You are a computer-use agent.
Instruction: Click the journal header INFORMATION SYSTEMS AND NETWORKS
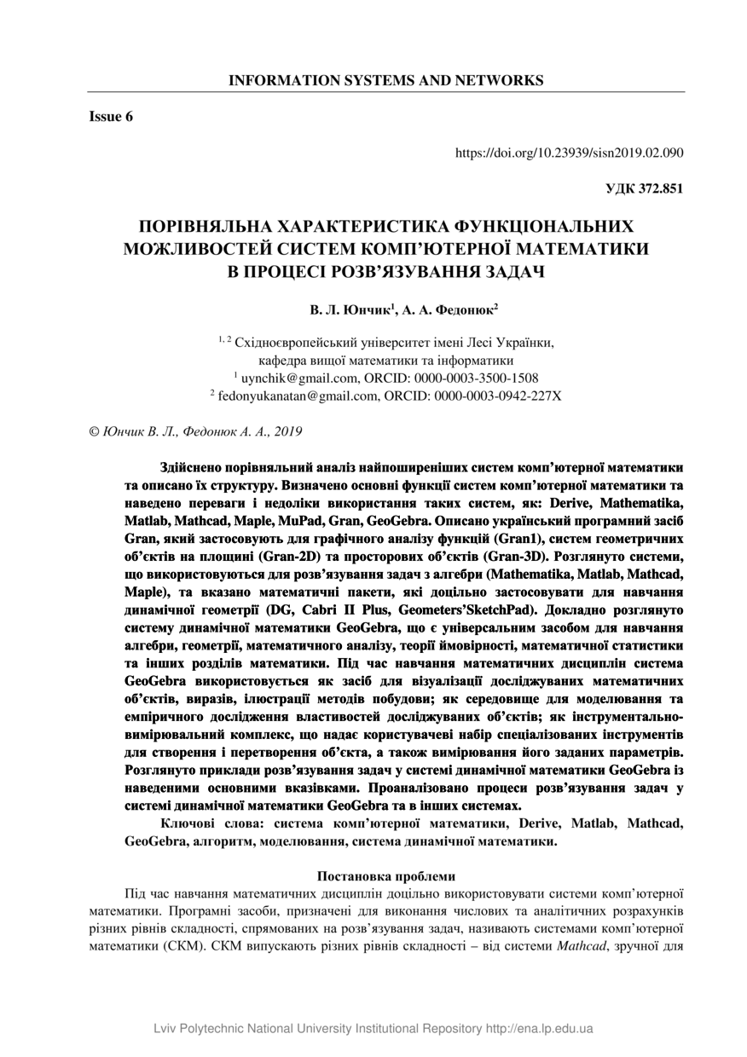tap(385, 81)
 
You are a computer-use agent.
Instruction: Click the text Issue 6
tap(112, 117)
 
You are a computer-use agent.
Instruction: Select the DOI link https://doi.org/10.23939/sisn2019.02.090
tap(569, 153)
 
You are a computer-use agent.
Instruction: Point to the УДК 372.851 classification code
tap(644, 189)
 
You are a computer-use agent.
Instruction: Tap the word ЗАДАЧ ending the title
tap(504, 271)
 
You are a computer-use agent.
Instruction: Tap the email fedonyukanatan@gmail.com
tap(296, 396)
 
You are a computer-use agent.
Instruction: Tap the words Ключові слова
tap(210, 823)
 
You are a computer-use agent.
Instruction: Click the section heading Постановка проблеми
tap(386, 875)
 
